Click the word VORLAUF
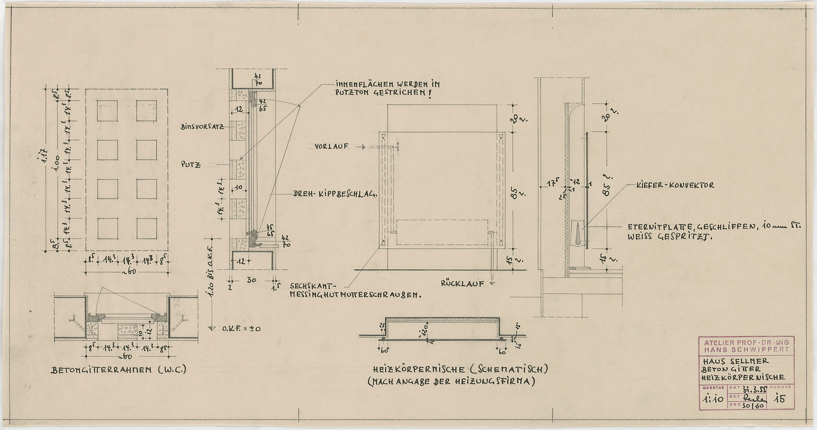[330, 146]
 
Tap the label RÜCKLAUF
[462, 284]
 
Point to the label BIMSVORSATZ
[202, 127]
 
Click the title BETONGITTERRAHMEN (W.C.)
[119, 370]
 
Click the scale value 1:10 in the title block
[710, 399]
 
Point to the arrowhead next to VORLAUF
[361, 146]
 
